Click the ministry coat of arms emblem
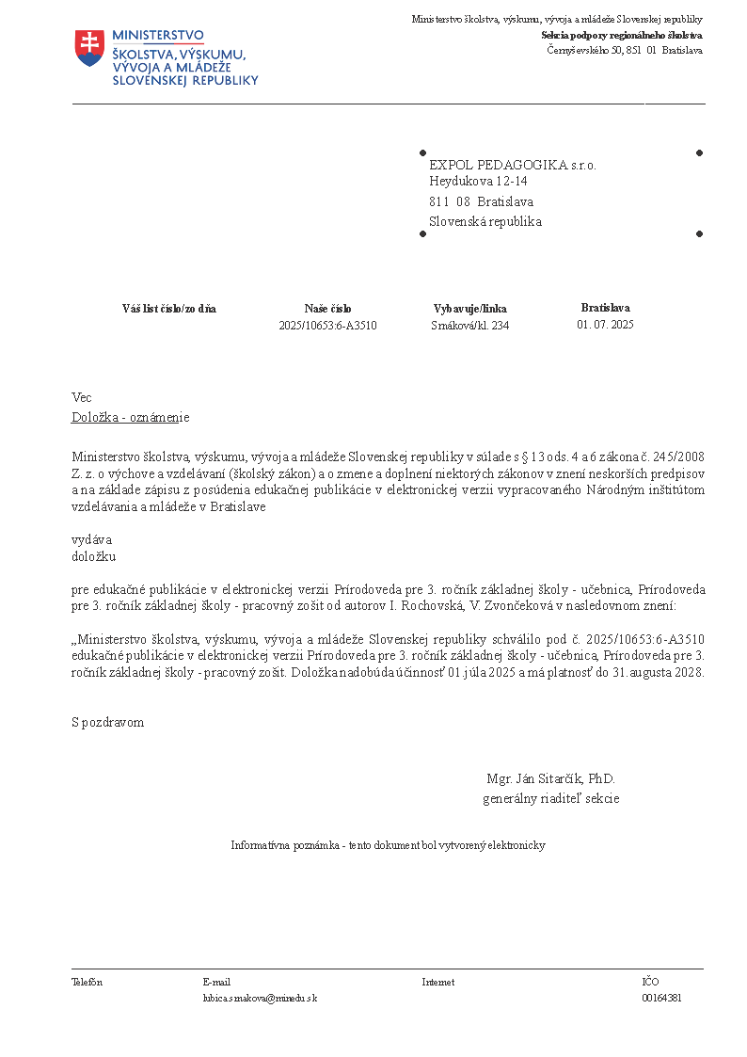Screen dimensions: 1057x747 (x=88, y=48)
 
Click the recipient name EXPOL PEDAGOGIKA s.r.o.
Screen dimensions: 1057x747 (x=513, y=165)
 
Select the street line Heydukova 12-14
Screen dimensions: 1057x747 (x=478, y=181)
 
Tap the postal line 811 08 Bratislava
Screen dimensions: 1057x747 (x=482, y=201)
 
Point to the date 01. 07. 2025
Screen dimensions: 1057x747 (x=605, y=325)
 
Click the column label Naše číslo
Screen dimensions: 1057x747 (x=327, y=309)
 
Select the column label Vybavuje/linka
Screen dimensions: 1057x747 (x=469, y=309)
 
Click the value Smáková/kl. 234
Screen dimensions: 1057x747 (x=469, y=326)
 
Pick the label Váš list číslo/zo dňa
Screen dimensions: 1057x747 (x=169, y=309)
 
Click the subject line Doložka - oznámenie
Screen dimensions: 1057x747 (x=131, y=417)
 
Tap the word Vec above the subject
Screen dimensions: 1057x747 (x=82, y=398)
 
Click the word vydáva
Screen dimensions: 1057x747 (x=92, y=539)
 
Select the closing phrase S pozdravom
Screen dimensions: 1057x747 (x=108, y=722)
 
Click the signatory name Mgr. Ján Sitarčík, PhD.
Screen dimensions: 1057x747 (x=550, y=779)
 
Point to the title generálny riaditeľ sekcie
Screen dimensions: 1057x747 (x=550, y=799)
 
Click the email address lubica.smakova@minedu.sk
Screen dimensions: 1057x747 (x=260, y=998)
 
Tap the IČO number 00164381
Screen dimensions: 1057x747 (x=661, y=998)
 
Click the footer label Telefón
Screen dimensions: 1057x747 (x=87, y=982)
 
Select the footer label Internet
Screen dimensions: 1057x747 (x=437, y=982)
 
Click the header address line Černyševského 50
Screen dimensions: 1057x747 (x=625, y=50)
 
